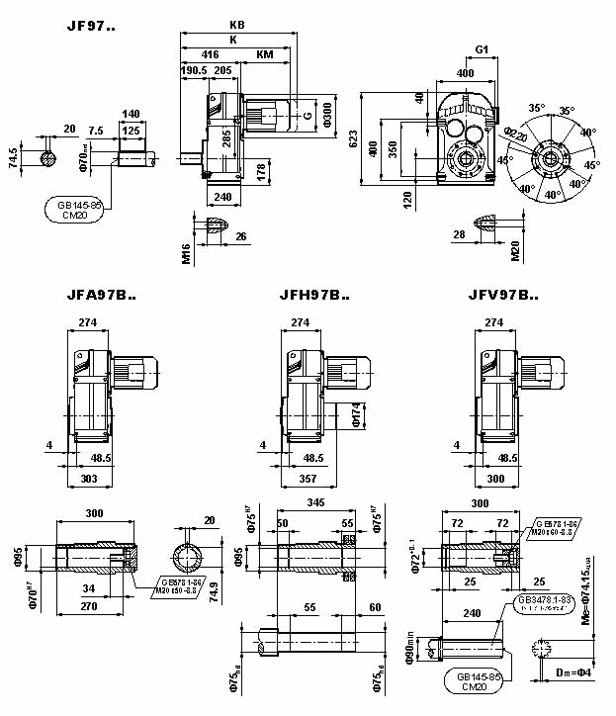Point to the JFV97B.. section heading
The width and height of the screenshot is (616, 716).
(503, 294)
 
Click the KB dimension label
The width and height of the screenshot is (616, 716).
(236, 25)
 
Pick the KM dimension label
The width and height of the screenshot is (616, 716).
(265, 54)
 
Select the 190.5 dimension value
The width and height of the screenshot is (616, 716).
(194, 70)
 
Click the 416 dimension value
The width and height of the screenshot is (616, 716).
(211, 54)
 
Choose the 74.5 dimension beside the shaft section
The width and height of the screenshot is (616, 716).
(13, 156)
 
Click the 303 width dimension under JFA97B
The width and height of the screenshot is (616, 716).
(89, 478)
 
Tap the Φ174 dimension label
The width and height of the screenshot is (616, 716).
(356, 414)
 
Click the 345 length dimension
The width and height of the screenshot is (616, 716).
(315, 504)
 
